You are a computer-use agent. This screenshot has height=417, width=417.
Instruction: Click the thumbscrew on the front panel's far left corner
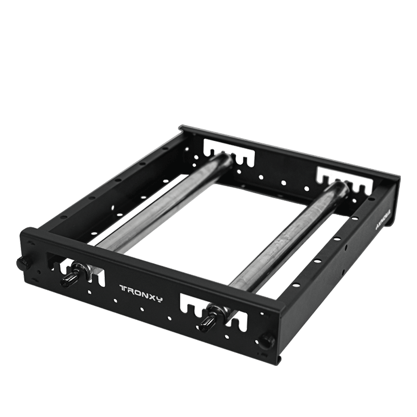pos(22,263)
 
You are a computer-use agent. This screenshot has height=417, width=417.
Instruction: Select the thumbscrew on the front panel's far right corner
pos(266,341)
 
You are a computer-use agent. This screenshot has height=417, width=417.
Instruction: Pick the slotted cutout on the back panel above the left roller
pos(229,154)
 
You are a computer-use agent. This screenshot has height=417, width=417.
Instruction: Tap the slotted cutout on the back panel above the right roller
pos(344,180)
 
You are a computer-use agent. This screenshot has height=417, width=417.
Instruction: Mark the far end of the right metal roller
pos(339,187)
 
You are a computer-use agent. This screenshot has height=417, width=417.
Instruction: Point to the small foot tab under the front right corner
pos(279,359)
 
